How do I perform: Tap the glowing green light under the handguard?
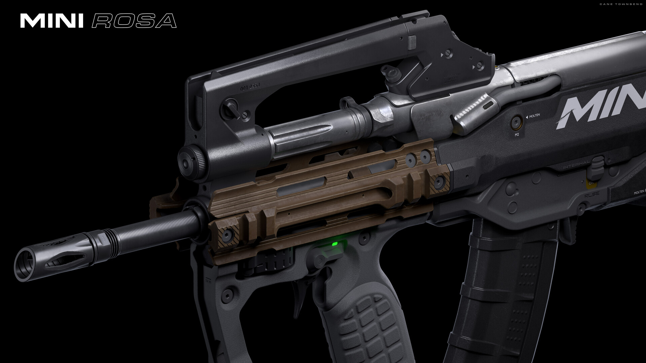pos(334,244)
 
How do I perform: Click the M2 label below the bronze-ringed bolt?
pos(517,134)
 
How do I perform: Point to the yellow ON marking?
pos(591,184)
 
